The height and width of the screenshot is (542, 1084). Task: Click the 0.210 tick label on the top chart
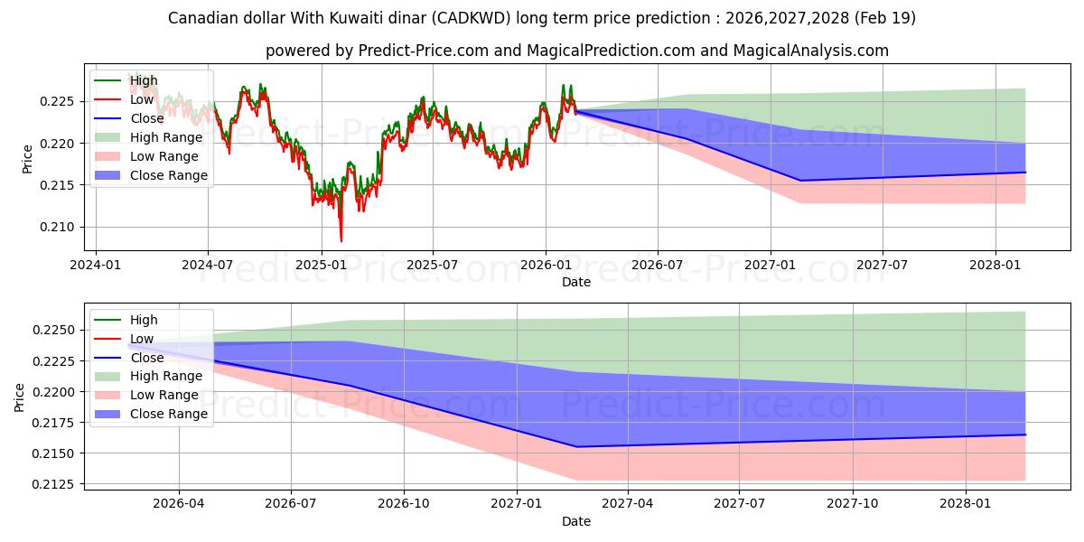click(56, 227)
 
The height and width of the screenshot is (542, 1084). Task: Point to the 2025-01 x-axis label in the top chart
click(322, 266)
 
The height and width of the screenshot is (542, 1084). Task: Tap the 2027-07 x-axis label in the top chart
click(883, 266)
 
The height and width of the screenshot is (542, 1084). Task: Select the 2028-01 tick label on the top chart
click(995, 266)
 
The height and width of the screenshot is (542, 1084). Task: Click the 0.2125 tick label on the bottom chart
click(52, 484)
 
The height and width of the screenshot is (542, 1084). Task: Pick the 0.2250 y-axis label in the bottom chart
click(52, 330)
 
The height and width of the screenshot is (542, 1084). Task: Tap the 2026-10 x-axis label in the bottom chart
click(404, 504)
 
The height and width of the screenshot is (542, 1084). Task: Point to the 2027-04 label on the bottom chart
click(628, 504)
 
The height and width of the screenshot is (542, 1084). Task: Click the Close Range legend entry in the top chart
click(151, 175)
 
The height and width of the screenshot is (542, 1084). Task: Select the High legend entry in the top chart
click(126, 80)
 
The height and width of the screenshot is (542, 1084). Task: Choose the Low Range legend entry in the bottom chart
click(146, 395)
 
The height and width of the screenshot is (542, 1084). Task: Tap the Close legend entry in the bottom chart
click(128, 358)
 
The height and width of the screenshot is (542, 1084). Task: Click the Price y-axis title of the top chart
click(27, 159)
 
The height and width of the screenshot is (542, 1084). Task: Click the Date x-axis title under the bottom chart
click(576, 521)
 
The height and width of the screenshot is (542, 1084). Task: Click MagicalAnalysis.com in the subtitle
click(810, 51)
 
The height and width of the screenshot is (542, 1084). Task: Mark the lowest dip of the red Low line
click(341, 241)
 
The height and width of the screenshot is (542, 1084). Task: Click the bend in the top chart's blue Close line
click(801, 181)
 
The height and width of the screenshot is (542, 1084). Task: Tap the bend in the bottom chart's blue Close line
click(577, 446)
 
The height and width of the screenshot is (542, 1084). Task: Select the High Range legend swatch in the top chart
click(107, 137)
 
